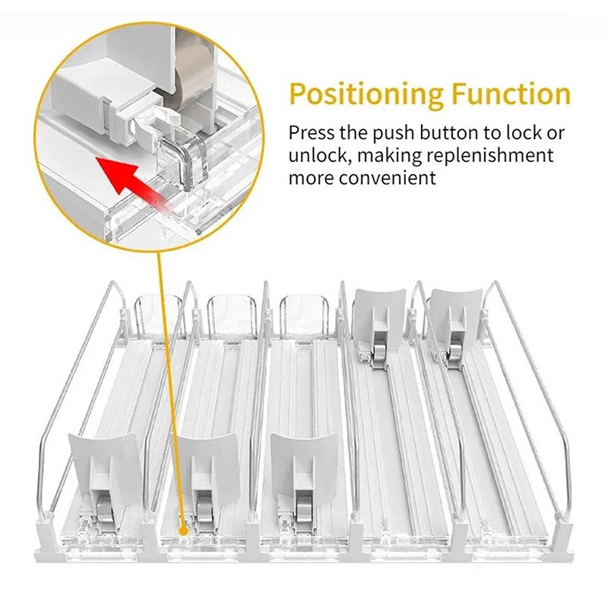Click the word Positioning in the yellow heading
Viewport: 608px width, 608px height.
[366, 94]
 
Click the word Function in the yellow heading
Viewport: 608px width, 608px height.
[511, 93]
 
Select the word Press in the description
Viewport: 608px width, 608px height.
[311, 133]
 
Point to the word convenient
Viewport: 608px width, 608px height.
[388, 179]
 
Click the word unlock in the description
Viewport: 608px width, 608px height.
[318, 156]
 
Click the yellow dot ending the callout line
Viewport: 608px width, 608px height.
[183, 530]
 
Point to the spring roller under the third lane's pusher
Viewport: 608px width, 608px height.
[302, 508]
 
